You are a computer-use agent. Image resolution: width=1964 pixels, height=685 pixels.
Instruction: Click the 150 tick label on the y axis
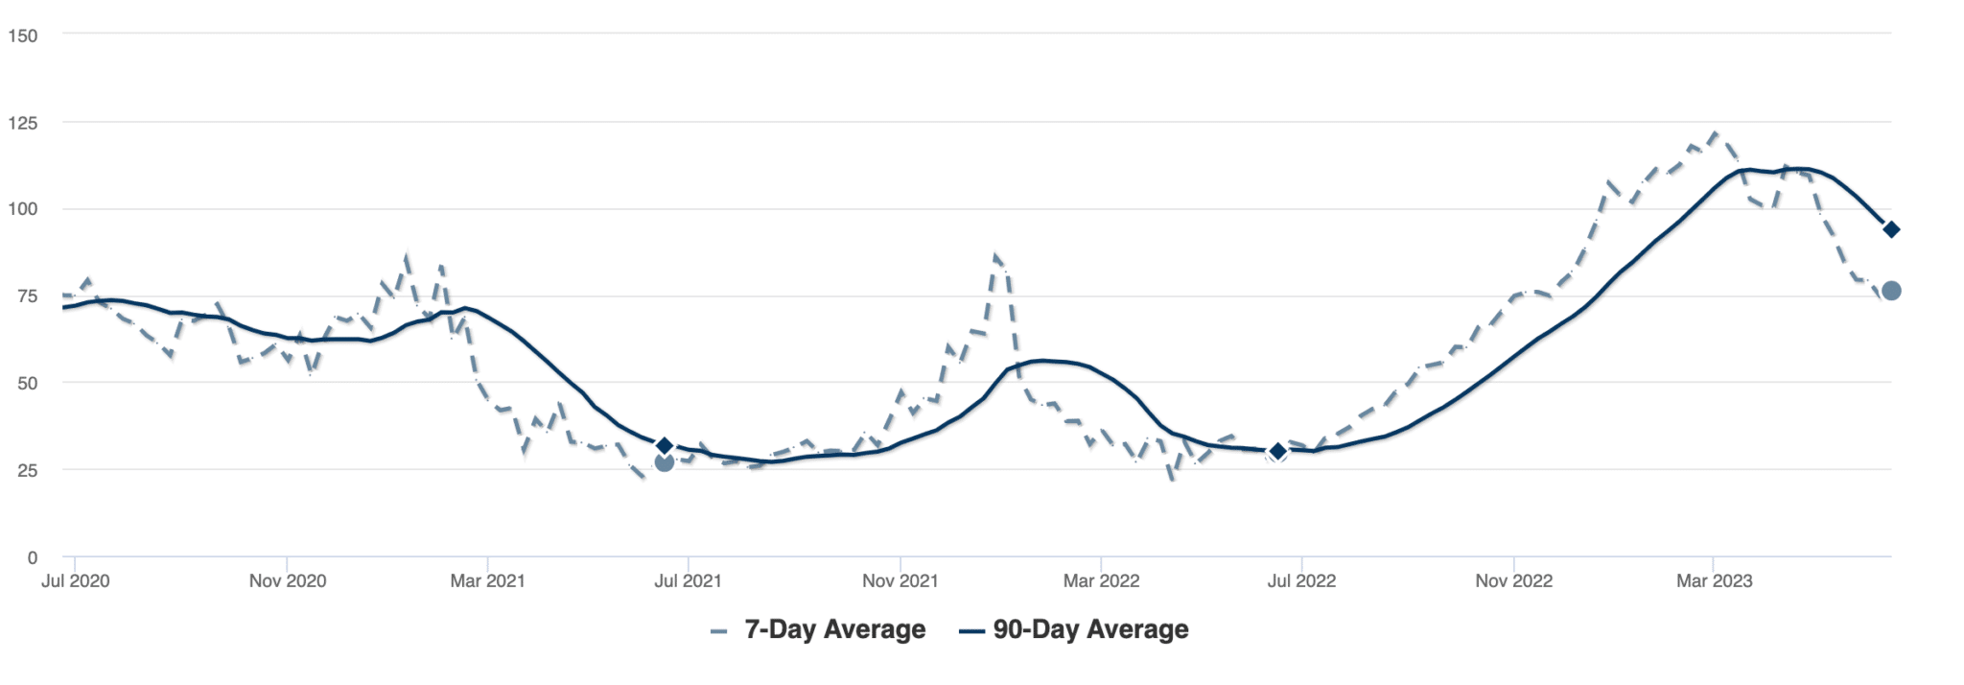tap(22, 35)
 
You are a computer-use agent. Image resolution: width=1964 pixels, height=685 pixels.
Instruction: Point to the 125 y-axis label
tap(22, 123)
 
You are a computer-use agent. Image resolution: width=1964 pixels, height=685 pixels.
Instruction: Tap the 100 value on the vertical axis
tap(22, 209)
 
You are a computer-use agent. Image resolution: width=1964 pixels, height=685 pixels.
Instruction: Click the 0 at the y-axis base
tap(32, 557)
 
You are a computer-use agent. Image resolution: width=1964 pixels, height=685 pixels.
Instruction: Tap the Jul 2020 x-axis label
tap(75, 580)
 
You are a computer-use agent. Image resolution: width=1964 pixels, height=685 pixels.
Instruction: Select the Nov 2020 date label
tap(288, 580)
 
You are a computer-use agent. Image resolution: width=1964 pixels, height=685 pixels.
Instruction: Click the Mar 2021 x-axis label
tap(487, 580)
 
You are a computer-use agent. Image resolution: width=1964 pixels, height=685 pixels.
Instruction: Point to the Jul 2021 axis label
tap(688, 580)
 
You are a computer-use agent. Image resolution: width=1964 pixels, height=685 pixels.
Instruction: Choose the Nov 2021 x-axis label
tap(900, 580)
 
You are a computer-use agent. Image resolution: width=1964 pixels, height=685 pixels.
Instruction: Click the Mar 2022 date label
tap(1101, 580)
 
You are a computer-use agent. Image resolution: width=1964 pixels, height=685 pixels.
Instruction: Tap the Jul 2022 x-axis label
tap(1301, 580)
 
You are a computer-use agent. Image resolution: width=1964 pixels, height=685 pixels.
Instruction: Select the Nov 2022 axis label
tap(1513, 580)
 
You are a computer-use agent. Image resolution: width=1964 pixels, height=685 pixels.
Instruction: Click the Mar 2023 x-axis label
tap(1714, 580)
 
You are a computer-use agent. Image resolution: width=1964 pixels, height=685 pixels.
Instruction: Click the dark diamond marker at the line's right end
tap(1891, 229)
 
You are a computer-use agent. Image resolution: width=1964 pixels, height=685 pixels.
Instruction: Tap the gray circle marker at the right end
tap(1891, 291)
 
